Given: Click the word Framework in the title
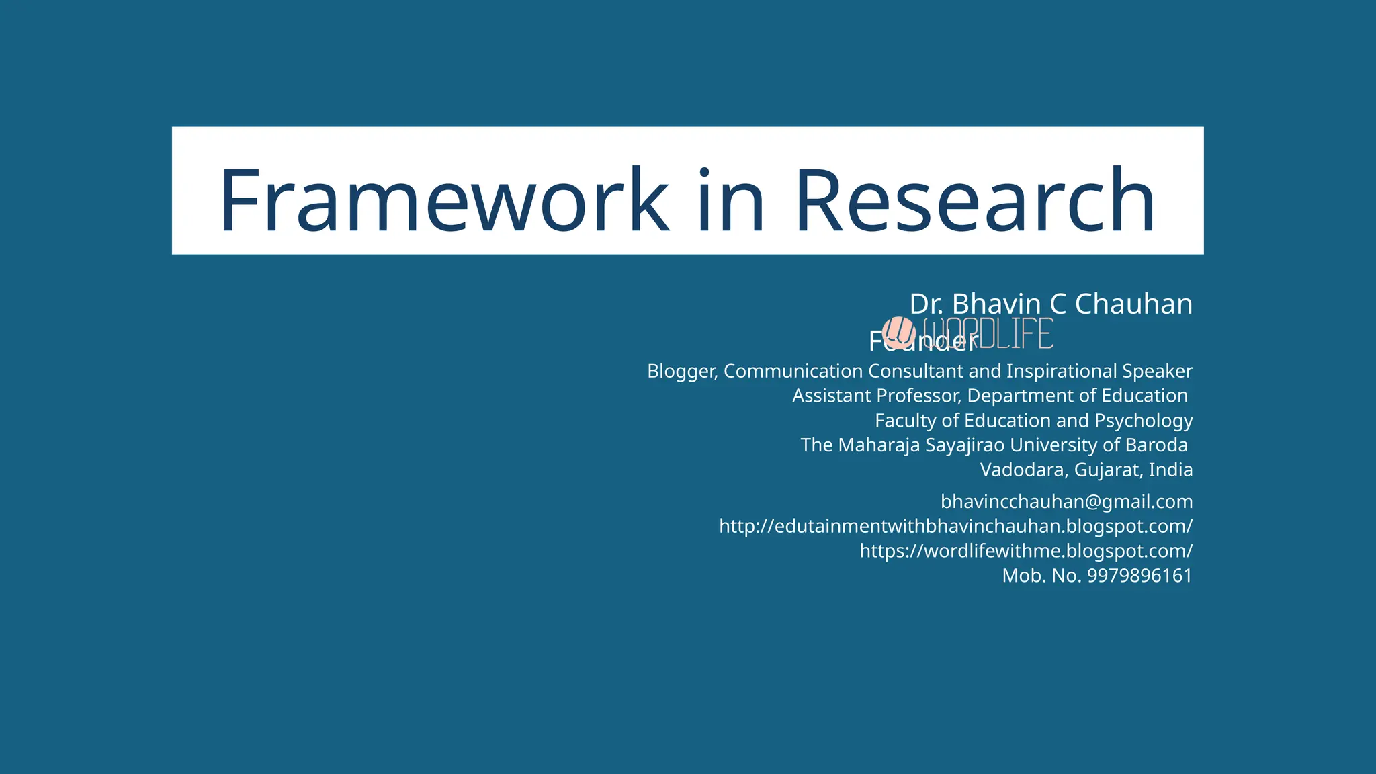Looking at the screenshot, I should point(443,200).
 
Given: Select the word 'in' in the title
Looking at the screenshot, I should point(731,200).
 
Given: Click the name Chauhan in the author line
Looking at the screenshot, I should point(1133,304).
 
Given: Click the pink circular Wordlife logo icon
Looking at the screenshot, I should point(899,333).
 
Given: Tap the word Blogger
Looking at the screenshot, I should point(681,371).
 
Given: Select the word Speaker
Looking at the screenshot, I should point(1157,371).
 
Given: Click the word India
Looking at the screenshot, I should point(1170,470).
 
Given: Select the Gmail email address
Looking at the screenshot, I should point(1066,502).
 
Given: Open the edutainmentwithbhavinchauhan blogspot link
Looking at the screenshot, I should point(955,526).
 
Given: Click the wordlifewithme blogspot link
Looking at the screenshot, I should point(1026,551).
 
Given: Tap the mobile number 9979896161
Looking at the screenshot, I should point(1139,576).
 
